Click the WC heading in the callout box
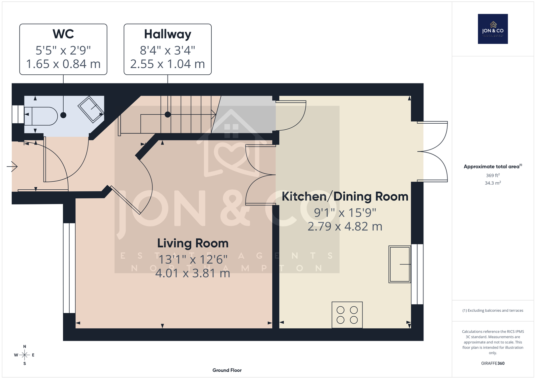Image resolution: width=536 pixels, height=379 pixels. pyautogui.click(x=63, y=34)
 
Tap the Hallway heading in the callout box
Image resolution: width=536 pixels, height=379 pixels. pyautogui.click(x=167, y=34)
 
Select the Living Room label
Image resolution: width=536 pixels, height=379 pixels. pyautogui.click(x=193, y=244)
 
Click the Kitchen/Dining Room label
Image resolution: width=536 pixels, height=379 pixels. pyautogui.click(x=345, y=197)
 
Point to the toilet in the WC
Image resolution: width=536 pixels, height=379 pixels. pyautogui.click(x=41, y=116)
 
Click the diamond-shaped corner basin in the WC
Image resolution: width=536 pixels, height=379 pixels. pyautogui.click(x=91, y=109)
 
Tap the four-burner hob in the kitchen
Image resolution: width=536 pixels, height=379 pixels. pyautogui.click(x=347, y=315)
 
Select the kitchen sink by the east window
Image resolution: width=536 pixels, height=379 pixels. pyautogui.click(x=400, y=264)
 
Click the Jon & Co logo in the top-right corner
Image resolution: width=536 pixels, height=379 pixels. pyautogui.click(x=493, y=29)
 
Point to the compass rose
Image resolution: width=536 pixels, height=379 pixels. pyautogui.click(x=24, y=355)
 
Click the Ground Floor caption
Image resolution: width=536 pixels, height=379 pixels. pyautogui.click(x=227, y=370)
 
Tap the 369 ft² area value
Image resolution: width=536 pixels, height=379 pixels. pyautogui.click(x=493, y=175)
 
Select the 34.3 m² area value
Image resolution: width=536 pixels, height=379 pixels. pyautogui.click(x=493, y=183)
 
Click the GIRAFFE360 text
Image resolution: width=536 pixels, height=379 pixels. pyautogui.click(x=493, y=363)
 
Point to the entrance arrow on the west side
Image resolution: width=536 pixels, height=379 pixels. pyautogui.click(x=12, y=167)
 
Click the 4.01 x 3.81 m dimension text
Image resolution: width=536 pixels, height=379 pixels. pyautogui.click(x=193, y=273)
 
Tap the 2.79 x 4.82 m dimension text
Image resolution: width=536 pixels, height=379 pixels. pyautogui.click(x=345, y=227)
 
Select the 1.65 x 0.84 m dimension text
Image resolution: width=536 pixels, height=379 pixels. pyautogui.click(x=63, y=64)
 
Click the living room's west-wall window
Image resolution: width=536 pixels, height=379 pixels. pyautogui.click(x=69, y=268)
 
